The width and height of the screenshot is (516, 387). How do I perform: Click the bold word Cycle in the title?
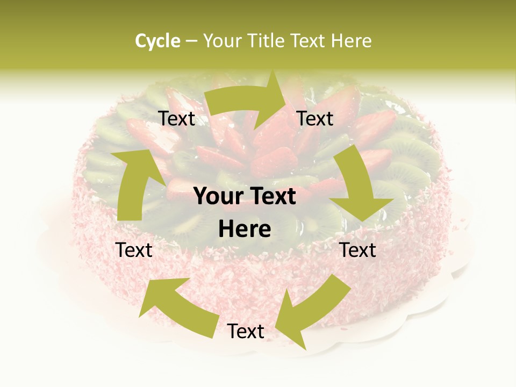(x=157, y=41)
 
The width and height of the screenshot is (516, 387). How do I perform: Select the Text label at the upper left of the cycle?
(x=176, y=119)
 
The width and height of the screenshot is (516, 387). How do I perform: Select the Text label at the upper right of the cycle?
(x=315, y=119)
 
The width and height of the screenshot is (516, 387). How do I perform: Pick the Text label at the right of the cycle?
(x=357, y=250)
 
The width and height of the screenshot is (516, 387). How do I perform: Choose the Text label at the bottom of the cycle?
(x=246, y=332)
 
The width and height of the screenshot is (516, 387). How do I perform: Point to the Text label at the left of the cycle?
(x=134, y=250)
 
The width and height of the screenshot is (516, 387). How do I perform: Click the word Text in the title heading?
(x=309, y=41)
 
